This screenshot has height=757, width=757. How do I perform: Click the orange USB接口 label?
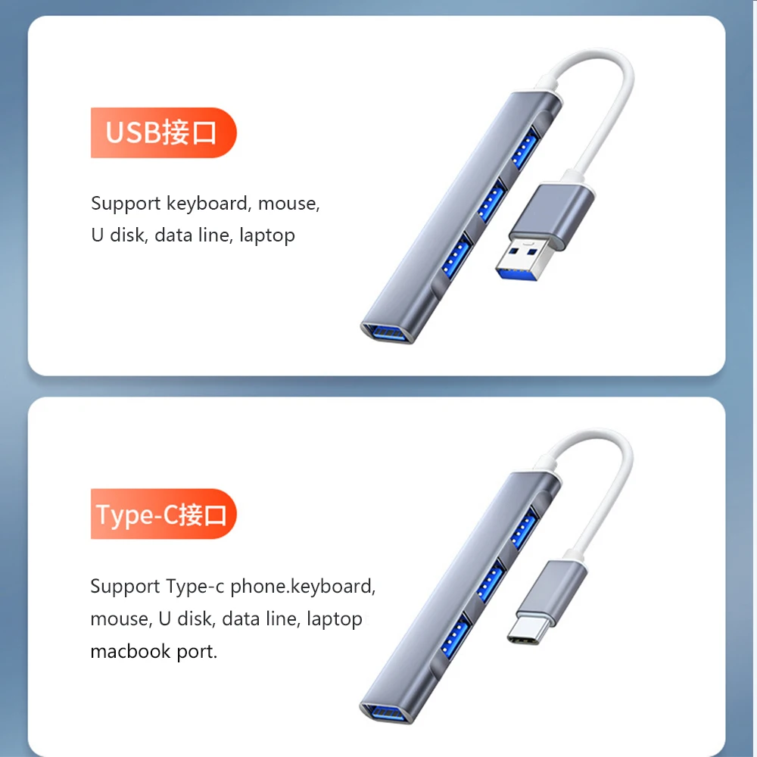[x=163, y=133]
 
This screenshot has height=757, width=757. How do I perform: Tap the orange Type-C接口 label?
[x=163, y=514]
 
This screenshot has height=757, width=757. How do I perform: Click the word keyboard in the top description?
[x=208, y=204]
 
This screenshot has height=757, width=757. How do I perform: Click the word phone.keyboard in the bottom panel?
[x=302, y=587]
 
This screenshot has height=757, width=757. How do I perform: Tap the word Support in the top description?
[x=126, y=204]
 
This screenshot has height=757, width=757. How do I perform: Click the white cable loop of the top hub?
[x=606, y=98]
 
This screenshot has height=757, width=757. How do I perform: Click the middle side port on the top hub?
[x=490, y=201]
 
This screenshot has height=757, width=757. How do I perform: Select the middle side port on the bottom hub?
[x=490, y=581]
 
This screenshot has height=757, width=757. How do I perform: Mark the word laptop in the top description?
[x=266, y=235]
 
